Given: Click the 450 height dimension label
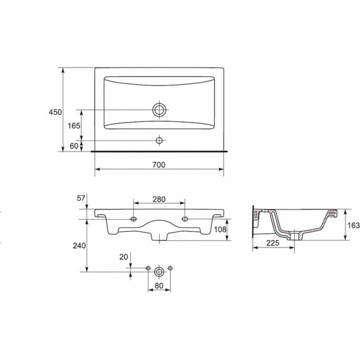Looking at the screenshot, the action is (x=55, y=112).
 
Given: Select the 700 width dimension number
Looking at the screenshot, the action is (x=159, y=165).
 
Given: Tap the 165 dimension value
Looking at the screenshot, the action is (x=74, y=126).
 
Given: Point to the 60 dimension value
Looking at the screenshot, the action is (x=74, y=146).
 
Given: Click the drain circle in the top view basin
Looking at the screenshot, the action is (x=159, y=110).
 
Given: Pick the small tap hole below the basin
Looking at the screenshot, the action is (x=159, y=140).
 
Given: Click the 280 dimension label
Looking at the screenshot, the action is (x=159, y=199).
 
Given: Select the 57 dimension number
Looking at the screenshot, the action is (x=81, y=198).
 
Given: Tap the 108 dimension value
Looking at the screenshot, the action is (x=220, y=229).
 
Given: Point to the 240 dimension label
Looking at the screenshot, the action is (x=79, y=246).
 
